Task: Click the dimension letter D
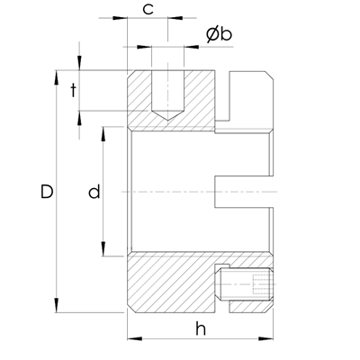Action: click(48, 192)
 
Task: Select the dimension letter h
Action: click(200, 329)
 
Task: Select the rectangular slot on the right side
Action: click(243, 192)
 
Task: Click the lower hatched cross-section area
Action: click(171, 283)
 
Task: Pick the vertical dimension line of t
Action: click(79, 90)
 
